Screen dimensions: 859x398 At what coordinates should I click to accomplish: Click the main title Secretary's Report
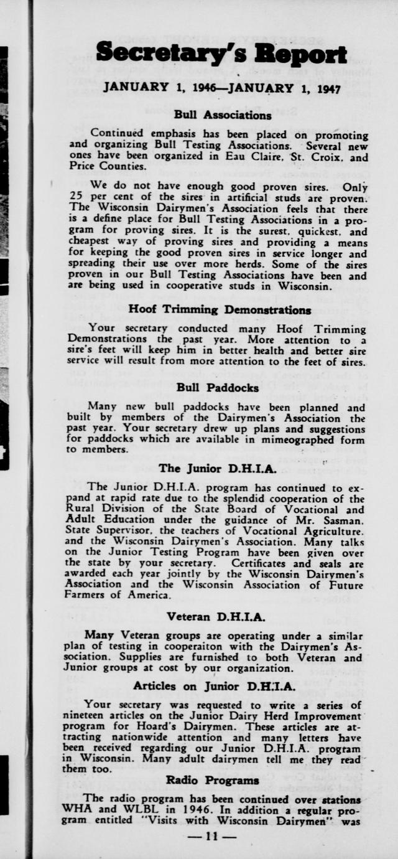pyautogui.click(x=221, y=53)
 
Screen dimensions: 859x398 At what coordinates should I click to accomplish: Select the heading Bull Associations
pyautogui.click(x=223, y=115)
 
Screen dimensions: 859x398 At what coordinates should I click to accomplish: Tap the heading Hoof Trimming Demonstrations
pyautogui.click(x=220, y=309)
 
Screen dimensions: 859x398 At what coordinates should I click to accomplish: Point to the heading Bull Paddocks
pyautogui.click(x=218, y=388)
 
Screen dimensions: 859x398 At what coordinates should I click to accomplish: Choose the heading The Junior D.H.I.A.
pyautogui.click(x=209, y=468)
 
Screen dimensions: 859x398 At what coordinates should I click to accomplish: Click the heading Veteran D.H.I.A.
pyautogui.click(x=216, y=617)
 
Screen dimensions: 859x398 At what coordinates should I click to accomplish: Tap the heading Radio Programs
pyautogui.click(x=213, y=780)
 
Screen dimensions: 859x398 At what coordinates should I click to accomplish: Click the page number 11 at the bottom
pyautogui.click(x=212, y=836)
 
